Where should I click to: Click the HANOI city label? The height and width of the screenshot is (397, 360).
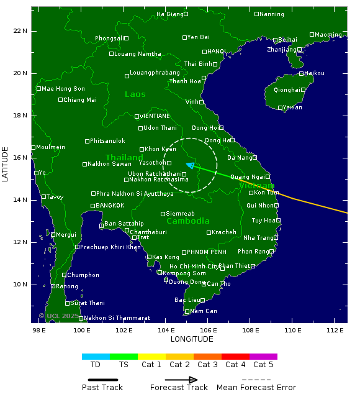(x=217, y=52)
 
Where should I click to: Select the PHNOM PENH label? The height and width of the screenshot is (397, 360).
(x=207, y=252)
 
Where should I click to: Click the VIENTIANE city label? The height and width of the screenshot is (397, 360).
(x=155, y=116)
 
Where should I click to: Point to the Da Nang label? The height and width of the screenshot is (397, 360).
(x=239, y=158)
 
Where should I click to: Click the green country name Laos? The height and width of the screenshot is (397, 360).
(x=135, y=94)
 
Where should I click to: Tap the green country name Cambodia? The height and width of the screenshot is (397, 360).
(x=188, y=221)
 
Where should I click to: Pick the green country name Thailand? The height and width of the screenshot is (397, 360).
(x=124, y=158)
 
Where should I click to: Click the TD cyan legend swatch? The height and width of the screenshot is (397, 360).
(x=96, y=357)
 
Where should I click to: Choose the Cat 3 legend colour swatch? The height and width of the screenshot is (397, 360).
(x=207, y=357)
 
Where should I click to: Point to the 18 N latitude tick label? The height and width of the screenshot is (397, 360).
(x=20, y=116)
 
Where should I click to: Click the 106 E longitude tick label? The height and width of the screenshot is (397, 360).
(x=208, y=330)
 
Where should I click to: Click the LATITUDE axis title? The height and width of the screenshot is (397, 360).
(x=6, y=164)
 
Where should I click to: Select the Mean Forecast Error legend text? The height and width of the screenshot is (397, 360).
(x=256, y=388)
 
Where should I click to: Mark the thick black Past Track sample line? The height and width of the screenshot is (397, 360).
(x=99, y=380)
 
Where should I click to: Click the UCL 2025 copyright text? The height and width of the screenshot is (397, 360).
(x=60, y=316)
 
